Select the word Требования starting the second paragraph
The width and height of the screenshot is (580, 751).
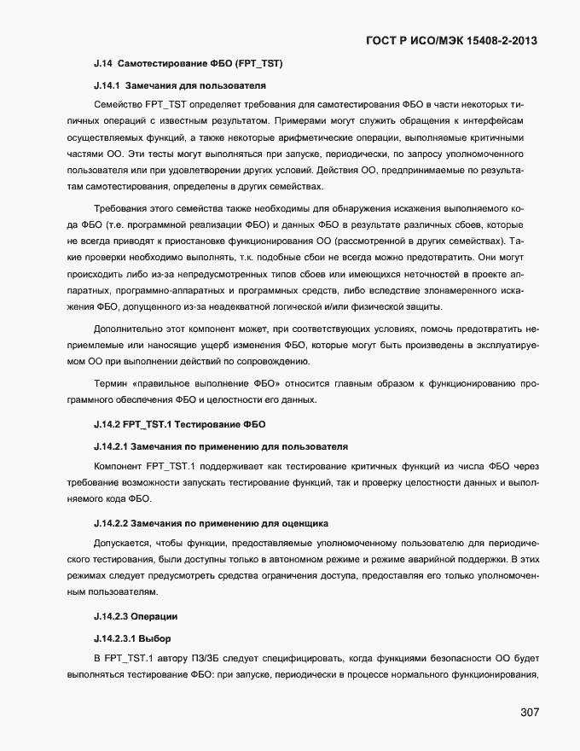click(x=122, y=209)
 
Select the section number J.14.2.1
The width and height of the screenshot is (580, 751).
click(x=110, y=445)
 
